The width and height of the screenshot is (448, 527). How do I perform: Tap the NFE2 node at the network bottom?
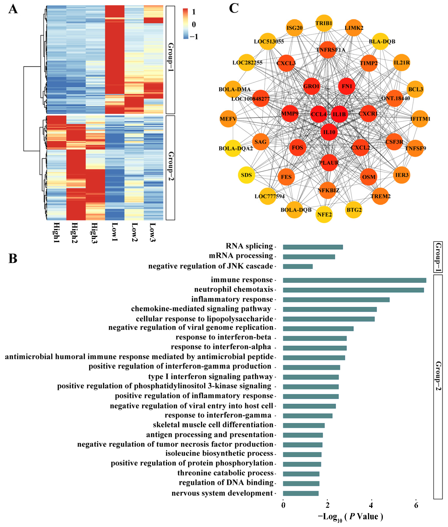point(324,214)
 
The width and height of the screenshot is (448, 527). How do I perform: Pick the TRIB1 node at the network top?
point(324,23)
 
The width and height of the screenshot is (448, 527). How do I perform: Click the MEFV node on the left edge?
point(228,119)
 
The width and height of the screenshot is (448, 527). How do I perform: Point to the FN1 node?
point(347,86)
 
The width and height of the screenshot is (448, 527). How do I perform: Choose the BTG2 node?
point(354,210)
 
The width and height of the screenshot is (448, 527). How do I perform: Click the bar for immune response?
point(355,280)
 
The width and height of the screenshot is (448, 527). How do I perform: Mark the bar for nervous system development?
point(301,493)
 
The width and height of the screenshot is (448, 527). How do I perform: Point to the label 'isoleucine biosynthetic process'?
point(219,454)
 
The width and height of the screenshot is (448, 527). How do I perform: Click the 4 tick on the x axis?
point(371,505)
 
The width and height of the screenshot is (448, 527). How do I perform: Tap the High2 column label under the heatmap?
point(74,233)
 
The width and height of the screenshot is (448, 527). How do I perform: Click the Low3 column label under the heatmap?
point(152,232)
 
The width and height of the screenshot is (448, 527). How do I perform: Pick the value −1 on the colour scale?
point(194,37)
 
